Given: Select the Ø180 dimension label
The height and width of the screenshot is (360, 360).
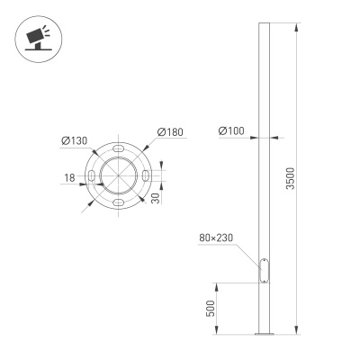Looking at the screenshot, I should click(x=170, y=133).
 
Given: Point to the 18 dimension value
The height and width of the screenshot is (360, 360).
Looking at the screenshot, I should click(x=68, y=178).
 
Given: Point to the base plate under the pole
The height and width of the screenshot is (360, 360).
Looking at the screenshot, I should click(x=263, y=335).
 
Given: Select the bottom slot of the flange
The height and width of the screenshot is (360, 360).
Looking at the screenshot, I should click(x=118, y=205).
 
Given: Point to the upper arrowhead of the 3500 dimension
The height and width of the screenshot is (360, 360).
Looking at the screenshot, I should click(x=295, y=28).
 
